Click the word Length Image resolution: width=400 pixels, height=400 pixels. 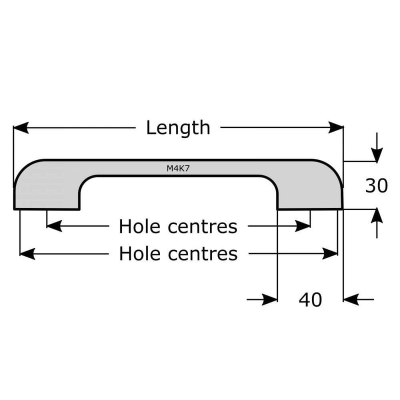point(178,128)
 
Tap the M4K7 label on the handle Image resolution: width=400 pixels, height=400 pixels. point(178,169)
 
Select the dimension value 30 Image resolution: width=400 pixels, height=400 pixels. point(376,186)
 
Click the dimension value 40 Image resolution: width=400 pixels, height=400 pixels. point(310,299)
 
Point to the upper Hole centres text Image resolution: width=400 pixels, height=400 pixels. point(178,227)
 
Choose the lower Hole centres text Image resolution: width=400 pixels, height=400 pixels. point(178,254)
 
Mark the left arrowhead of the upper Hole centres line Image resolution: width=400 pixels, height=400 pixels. point(53,226)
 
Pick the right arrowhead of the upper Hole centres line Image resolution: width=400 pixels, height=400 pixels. point(304,226)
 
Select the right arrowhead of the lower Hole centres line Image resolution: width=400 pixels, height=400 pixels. point(331,254)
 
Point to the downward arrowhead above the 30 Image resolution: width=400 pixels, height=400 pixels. point(376,154)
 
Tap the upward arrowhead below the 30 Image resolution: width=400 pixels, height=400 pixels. point(376,216)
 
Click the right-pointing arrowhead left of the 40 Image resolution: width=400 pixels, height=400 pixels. point(270,299)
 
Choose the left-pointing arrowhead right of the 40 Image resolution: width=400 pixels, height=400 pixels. point(351,299)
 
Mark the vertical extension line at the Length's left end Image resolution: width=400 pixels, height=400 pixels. point(13,150)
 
